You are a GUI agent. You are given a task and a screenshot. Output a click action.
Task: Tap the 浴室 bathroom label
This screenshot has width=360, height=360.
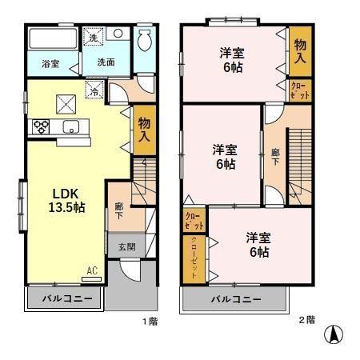pyautogui.click(x=50, y=63)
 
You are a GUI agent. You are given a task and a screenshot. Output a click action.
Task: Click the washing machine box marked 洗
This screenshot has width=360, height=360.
pyautogui.click(x=94, y=38)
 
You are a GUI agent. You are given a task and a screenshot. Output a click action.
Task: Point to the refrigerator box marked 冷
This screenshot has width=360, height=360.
pyautogui.click(x=94, y=90)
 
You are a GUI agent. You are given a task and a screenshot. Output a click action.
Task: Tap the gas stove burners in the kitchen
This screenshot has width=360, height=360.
pyautogui.click(x=40, y=126)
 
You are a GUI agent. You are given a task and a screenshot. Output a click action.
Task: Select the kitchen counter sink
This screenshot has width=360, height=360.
pyautogui.click(x=70, y=126)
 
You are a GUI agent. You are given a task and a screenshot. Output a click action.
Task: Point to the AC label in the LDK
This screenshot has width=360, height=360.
pyautogui.click(x=93, y=271)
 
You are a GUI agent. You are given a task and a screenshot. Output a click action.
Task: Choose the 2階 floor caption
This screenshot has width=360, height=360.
pyautogui.click(x=306, y=320)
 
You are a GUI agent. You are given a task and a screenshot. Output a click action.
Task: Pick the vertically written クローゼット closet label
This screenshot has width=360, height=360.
pyautogui.click(x=194, y=256)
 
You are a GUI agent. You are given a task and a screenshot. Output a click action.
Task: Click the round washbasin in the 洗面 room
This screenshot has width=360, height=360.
pyautogui.click(x=117, y=35)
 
